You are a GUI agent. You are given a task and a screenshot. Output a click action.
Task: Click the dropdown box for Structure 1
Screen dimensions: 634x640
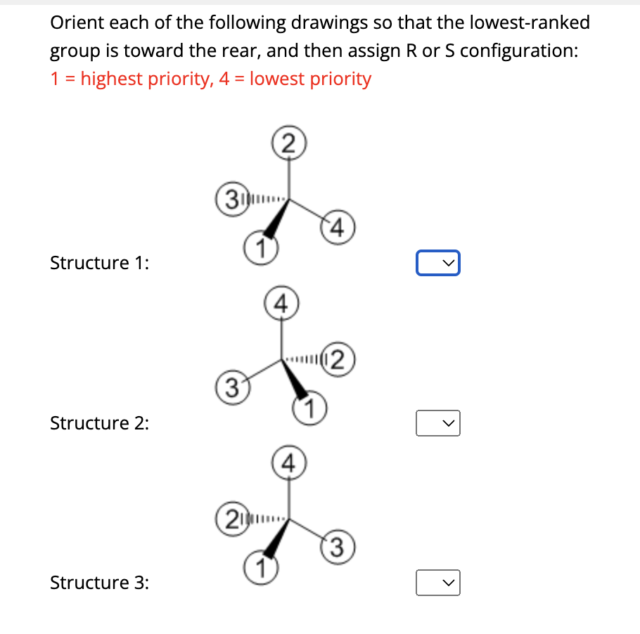click(x=437, y=263)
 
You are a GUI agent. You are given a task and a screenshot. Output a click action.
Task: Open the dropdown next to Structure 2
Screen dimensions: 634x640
click(x=437, y=423)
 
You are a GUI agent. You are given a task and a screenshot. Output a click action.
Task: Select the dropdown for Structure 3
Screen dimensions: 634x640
click(x=437, y=583)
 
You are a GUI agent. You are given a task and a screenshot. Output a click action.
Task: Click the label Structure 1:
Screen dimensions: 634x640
click(x=99, y=263)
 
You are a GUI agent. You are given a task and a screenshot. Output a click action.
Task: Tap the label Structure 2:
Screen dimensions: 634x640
click(x=99, y=423)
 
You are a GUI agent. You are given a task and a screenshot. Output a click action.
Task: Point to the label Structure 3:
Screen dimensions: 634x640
click(x=99, y=583)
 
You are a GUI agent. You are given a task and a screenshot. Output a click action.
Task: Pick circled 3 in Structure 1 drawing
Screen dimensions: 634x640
click(x=228, y=196)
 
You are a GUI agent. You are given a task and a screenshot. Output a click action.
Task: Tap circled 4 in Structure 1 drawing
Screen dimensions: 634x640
click(x=337, y=228)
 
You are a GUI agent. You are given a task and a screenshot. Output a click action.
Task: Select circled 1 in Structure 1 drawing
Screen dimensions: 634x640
click(x=260, y=247)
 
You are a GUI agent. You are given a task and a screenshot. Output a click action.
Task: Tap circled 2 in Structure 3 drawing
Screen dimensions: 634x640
click(x=229, y=520)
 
